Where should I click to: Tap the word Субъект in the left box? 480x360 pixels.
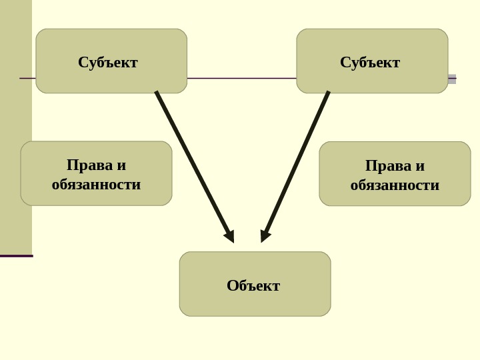point(108,63)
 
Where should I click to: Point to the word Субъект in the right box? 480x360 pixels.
point(370,63)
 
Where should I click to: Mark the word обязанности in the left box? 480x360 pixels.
point(96,185)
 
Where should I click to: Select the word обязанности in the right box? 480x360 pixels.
point(395,185)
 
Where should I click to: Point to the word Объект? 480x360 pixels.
point(253,286)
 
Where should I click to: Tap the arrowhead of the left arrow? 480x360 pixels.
point(230,236)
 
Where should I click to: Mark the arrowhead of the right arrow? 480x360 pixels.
point(265,236)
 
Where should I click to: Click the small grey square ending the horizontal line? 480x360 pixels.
point(452,79)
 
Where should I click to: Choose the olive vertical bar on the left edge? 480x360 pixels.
point(15,127)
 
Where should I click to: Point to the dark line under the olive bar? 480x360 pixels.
point(16,255)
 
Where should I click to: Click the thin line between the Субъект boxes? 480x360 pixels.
point(241,78)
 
